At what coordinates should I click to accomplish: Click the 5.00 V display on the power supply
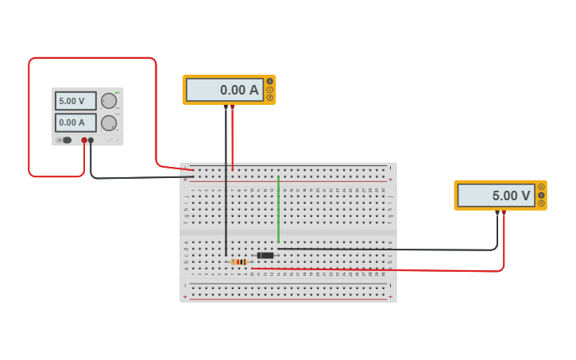(x=75, y=101)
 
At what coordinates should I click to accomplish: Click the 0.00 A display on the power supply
(x=75, y=122)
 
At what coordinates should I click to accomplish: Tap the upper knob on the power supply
(x=109, y=101)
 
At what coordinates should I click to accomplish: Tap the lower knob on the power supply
(x=109, y=122)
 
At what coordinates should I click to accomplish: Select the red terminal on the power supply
(x=84, y=141)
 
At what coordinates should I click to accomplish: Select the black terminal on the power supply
(x=91, y=141)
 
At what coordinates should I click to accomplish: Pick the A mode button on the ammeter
(x=270, y=82)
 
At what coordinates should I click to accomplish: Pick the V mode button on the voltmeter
(x=542, y=195)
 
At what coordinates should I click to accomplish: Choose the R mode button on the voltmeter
(x=542, y=203)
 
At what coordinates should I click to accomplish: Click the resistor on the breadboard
(x=239, y=261)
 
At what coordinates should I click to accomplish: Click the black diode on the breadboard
(x=265, y=255)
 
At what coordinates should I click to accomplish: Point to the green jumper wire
(x=278, y=208)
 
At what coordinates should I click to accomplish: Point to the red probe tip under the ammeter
(x=233, y=107)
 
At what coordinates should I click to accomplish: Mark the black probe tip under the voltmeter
(x=497, y=213)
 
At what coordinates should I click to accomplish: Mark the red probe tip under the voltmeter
(x=504, y=213)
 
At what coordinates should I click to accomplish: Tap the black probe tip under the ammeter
(x=226, y=107)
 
